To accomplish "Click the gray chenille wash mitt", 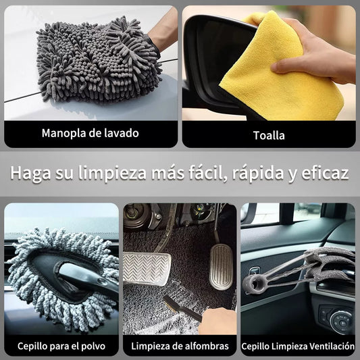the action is (x=99, y=59).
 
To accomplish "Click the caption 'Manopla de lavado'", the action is (x=91, y=133).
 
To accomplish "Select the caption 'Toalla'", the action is (x=269, y=135).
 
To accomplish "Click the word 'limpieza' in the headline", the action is (x=112, y=174).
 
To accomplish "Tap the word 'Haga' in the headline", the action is (x=30, y=174).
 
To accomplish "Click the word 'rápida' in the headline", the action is (x=258, y=173).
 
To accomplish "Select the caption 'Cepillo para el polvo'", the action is (x=61, y=346).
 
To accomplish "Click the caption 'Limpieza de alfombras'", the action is (x=180, y=346).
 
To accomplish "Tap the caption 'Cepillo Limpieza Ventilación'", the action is (x=298, y=346).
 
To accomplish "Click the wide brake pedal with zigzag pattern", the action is (x=147, y=269).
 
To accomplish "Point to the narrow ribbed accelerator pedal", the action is (x=221, y=267).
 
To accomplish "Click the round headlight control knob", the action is (x=341, y=322).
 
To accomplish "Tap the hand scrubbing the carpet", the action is (x=217, y=322).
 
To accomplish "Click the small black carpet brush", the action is (x=182, y=307).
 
